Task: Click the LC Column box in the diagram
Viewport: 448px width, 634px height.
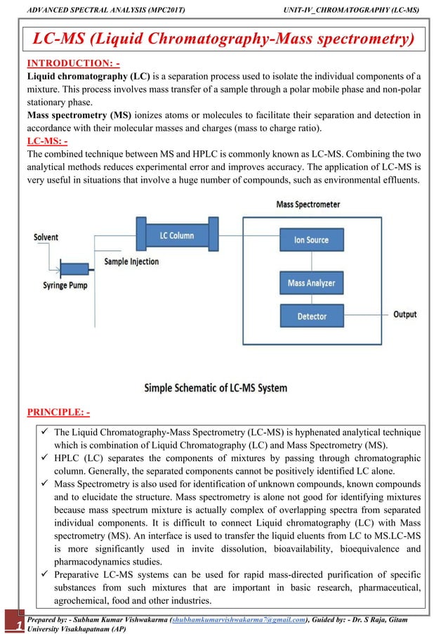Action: click(177, 235)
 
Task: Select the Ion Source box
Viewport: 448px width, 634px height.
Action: click(312, 240)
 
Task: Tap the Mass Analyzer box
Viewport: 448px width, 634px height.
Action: click(312, 283)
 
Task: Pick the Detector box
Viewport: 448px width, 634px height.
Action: click(312, 316)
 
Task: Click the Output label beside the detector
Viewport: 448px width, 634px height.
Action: click(404, 314)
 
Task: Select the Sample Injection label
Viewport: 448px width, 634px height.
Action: click(131, 261)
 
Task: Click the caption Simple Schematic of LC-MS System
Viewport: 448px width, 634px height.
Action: click(215, 387)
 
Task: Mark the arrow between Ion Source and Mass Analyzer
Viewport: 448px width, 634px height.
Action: click(312, 261)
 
